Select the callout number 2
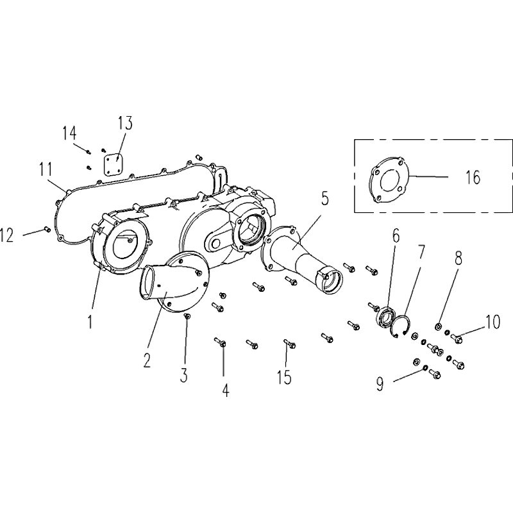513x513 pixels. pyautogui.click(x=147, y=360)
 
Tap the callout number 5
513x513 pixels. pyautogui.click(x=325, y=198)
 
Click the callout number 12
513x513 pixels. pyautogui.click(x=8, y=236)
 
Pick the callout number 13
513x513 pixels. pyautogui.click(x=124, y=122)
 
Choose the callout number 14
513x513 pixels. pyautogui.click(x=69, y=133)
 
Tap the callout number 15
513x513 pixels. pyautogui.click(x=283, y=377)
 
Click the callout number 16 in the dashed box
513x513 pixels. pyautogui.click(x=473, y=177)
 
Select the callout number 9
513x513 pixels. pyautogui.click(x=380, y=383)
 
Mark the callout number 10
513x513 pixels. pyautogui.click(x=492, y=321)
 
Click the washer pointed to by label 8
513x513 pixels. pyautogui.click(x=439, y=328)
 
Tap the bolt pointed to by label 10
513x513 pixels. pyautogui.click(x=457, y=337)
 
